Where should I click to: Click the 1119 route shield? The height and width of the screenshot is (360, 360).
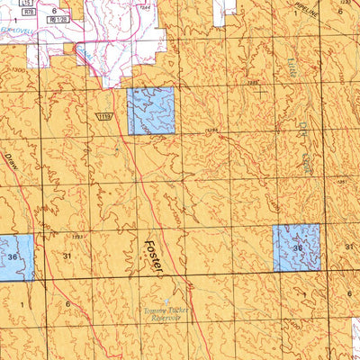106,117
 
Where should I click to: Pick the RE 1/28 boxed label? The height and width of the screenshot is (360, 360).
59,14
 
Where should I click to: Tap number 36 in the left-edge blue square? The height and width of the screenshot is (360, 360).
12,256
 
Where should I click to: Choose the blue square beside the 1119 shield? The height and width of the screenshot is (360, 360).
151,112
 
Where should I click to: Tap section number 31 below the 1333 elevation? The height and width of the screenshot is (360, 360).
68,256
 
